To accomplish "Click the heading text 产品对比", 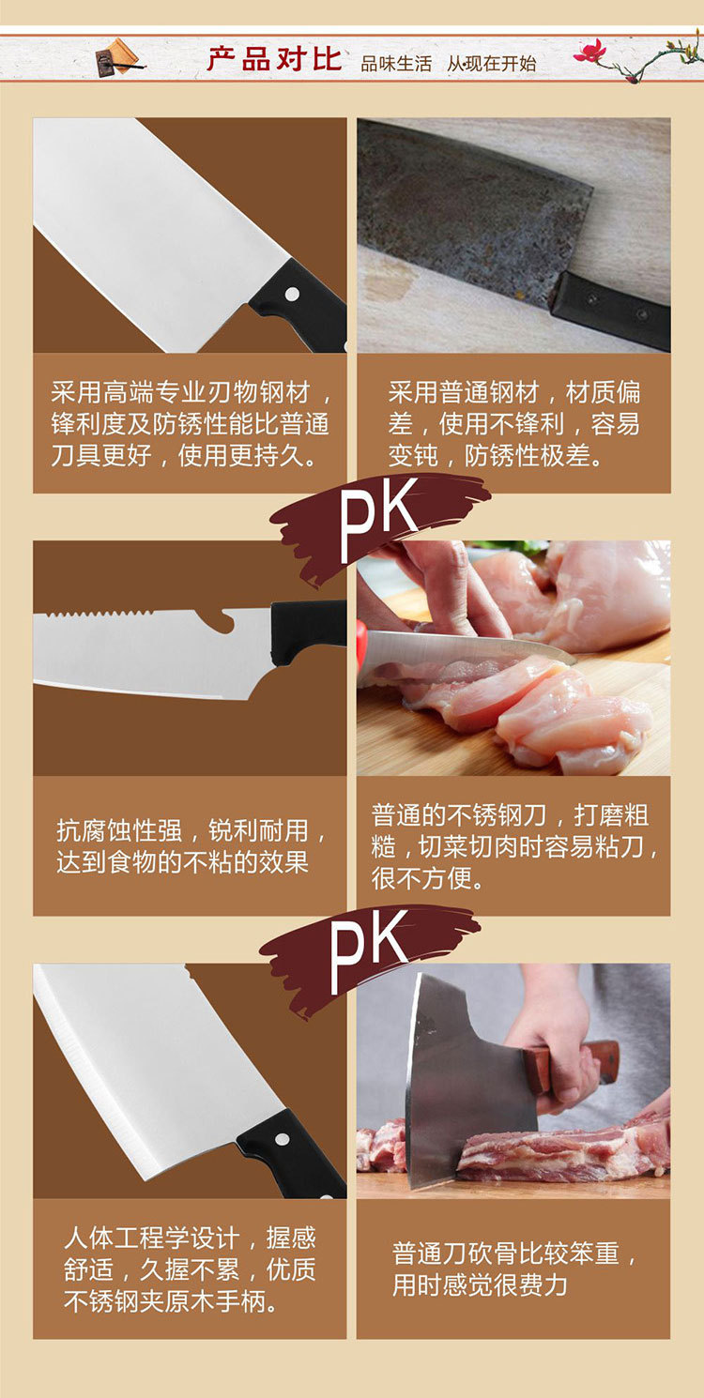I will point(274,59).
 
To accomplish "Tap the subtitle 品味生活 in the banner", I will point(396,64).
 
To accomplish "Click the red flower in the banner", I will point(590,51).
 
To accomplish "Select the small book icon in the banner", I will point(116,57).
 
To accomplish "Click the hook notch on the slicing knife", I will point(222,619).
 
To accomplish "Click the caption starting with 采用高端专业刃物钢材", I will point(191,423).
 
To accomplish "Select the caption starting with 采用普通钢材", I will point(513,423).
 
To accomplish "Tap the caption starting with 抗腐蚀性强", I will point(191,845).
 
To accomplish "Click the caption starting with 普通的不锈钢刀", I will point(513,845).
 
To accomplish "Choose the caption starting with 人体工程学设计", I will point(191,1269).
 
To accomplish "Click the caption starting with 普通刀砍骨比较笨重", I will point(513,1269).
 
